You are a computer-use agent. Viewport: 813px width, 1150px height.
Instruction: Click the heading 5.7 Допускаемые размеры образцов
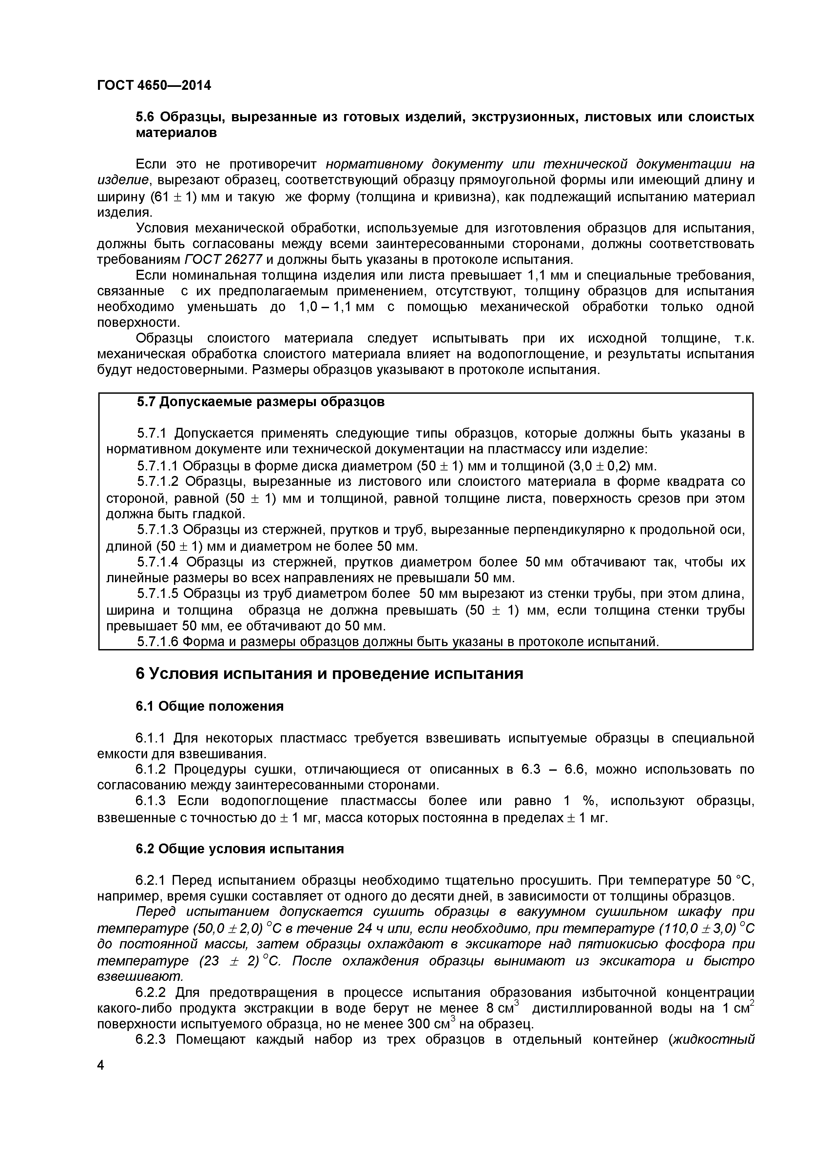click(x=261, y=402)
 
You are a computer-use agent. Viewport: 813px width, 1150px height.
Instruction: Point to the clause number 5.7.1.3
click(x=157, y=530)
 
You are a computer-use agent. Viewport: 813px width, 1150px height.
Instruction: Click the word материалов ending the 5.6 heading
click(x=176, y=133)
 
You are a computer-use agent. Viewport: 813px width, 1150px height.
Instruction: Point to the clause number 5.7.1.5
click(x=157, y=594)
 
